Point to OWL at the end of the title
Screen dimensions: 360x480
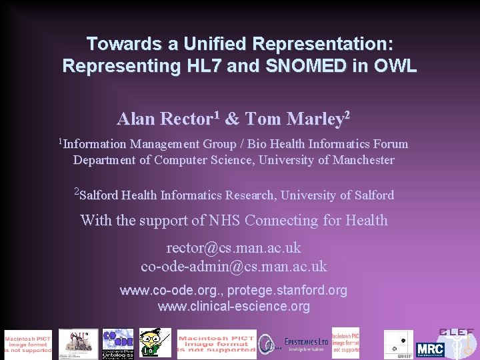(395, 67)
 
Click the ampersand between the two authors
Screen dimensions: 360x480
(232, 119)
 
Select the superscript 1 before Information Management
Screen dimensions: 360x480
(60, 141)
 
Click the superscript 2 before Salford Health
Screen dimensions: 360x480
(77, 192)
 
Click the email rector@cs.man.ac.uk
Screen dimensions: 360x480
(234, 248)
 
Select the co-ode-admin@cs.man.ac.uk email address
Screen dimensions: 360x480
(234, 266)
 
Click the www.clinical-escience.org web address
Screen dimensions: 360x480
(234, 307)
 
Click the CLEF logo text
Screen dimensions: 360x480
(457, 332)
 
